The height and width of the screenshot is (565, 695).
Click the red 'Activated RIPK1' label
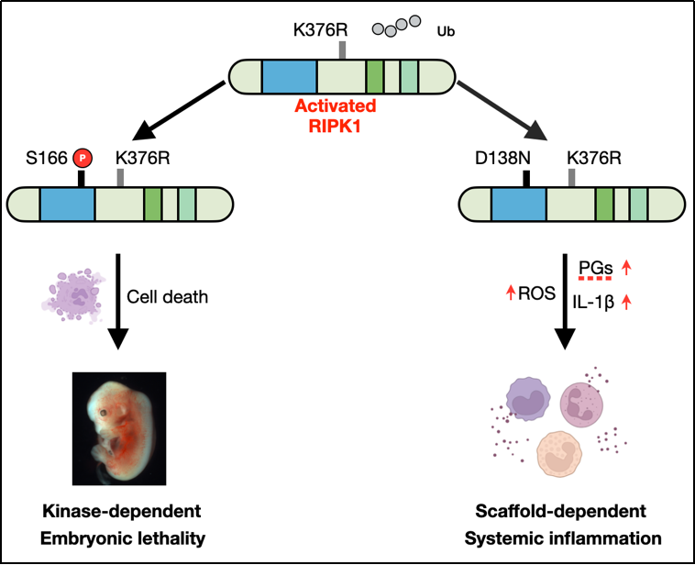(335, 114)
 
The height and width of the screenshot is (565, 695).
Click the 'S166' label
(47, 158)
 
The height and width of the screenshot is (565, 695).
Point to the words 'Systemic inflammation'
(571, 537)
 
